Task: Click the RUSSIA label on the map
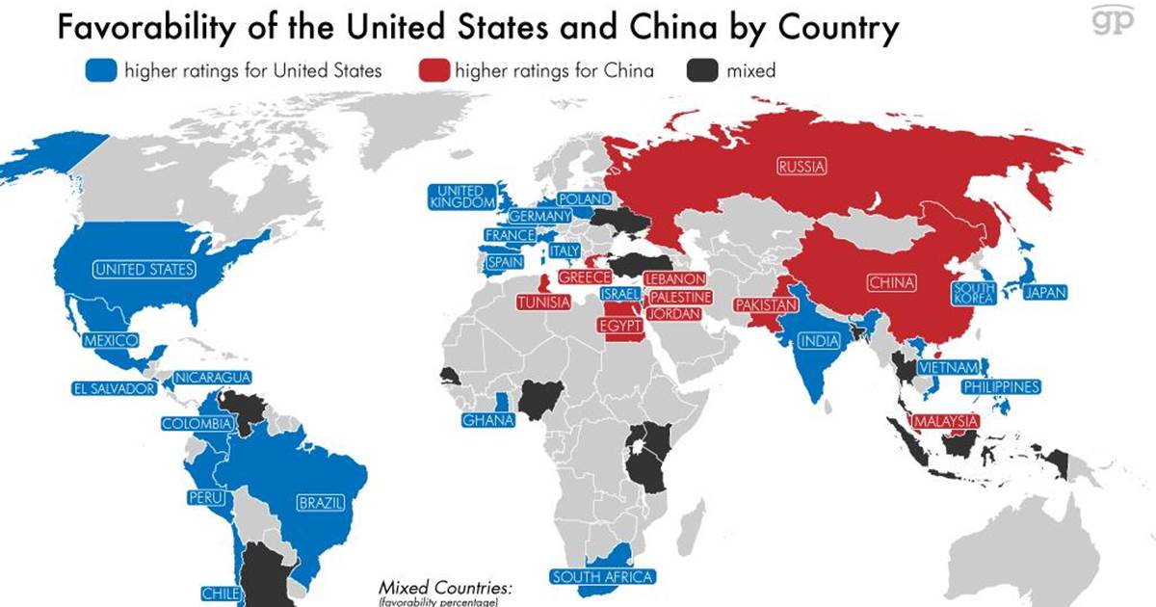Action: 801,167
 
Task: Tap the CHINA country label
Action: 891,283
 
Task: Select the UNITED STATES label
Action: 144,270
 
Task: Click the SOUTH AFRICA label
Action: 602,577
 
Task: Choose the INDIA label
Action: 818,340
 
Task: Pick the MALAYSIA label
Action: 945,422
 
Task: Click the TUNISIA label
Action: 543,303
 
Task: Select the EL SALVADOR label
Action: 114,389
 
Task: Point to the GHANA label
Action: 487,420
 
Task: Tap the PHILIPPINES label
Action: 1002,387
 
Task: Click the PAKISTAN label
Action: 767,305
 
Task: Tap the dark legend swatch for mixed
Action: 701,70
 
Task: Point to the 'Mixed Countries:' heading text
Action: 446,588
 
